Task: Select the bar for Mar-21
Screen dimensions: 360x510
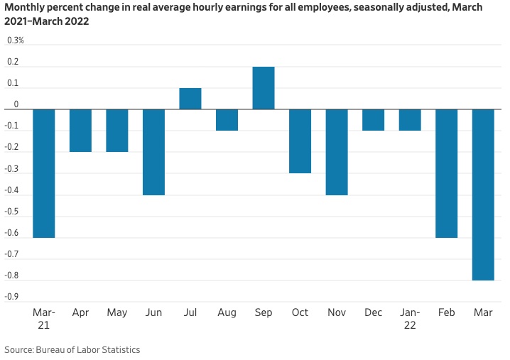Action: coord(44,173)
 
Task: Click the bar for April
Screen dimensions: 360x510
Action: coord(80,131)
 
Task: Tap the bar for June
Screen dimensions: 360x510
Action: coord(153,152)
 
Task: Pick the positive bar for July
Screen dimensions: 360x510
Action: coord(190,99)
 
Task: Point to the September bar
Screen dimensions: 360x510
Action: coord(264,88)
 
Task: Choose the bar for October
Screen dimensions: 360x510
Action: coord(300,141)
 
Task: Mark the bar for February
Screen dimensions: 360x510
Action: coord(446,173)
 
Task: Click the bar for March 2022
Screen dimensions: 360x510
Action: coord(483,195)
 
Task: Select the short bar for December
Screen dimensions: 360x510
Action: coord(373,120)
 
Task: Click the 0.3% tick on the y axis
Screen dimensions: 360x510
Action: coord(16,40)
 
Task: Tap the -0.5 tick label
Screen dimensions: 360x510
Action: coord(13,212)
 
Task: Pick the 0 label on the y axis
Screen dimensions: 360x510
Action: coord(16,104)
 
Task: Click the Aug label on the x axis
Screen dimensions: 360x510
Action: coord(227,312)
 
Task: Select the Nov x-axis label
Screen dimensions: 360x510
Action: coord(337,312)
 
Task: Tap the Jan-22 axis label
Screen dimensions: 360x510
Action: coord(410,318)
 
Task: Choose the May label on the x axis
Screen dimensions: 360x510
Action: coord(116,312)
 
